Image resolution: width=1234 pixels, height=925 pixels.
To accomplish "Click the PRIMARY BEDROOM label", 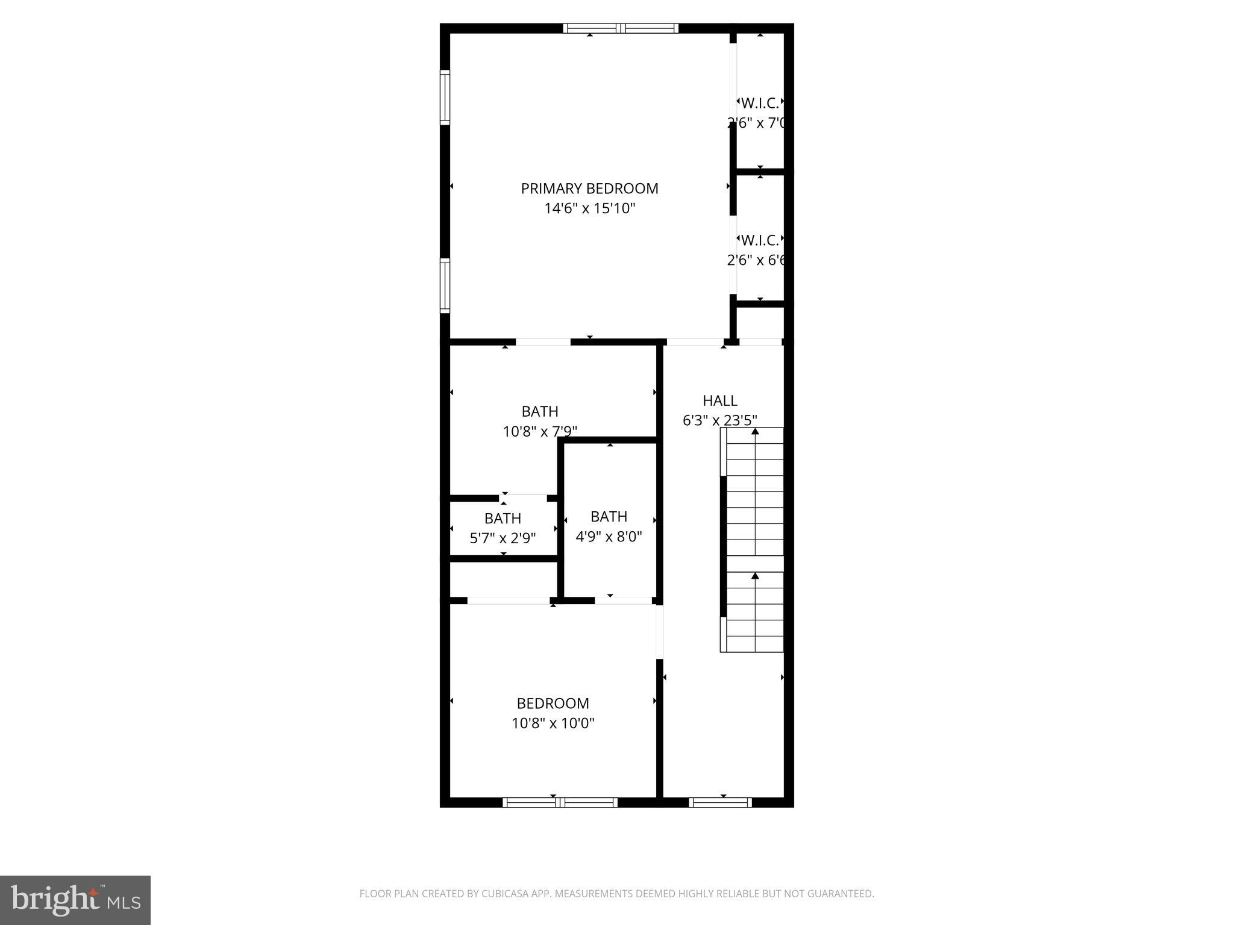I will click(x=589, y=188).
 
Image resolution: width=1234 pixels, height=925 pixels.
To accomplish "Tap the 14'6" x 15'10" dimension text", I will click(x=589, y=209).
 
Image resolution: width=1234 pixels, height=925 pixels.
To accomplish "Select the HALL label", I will click(x=719, y=400).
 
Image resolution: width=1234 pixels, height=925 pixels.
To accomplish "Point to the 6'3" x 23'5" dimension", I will click(x=719, y=420).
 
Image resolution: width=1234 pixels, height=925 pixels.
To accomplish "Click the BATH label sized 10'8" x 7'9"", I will click(x=539, y=411).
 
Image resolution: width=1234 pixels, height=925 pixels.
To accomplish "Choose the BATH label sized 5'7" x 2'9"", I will click(x=503, y=519).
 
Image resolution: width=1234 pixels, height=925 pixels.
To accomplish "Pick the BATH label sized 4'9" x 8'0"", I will click(x=609, y=517).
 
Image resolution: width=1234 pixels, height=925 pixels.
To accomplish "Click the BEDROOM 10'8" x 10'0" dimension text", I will click(x=553, y=723).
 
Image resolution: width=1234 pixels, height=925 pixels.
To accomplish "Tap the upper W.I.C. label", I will click(x=760, y=103).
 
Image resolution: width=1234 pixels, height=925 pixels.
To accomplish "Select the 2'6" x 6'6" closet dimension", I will click(x=757, y=260).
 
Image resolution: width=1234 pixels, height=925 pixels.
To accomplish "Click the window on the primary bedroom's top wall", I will click(x=621, y=28).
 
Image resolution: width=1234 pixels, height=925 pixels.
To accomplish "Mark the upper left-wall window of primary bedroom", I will click(x=445, y=97).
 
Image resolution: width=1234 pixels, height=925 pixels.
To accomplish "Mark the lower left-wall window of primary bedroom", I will click(x=445, y=285).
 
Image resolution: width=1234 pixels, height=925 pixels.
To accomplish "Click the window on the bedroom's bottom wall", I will click(x=560, y=802).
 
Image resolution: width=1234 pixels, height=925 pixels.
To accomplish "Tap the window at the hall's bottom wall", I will click(x=720, y=802).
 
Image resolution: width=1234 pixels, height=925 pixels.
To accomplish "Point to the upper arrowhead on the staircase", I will click(x=755, y=431).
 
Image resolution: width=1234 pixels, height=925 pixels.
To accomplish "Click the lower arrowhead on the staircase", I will click(x=755, y=576).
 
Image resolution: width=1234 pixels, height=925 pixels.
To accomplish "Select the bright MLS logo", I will click(x=75, y=900).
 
